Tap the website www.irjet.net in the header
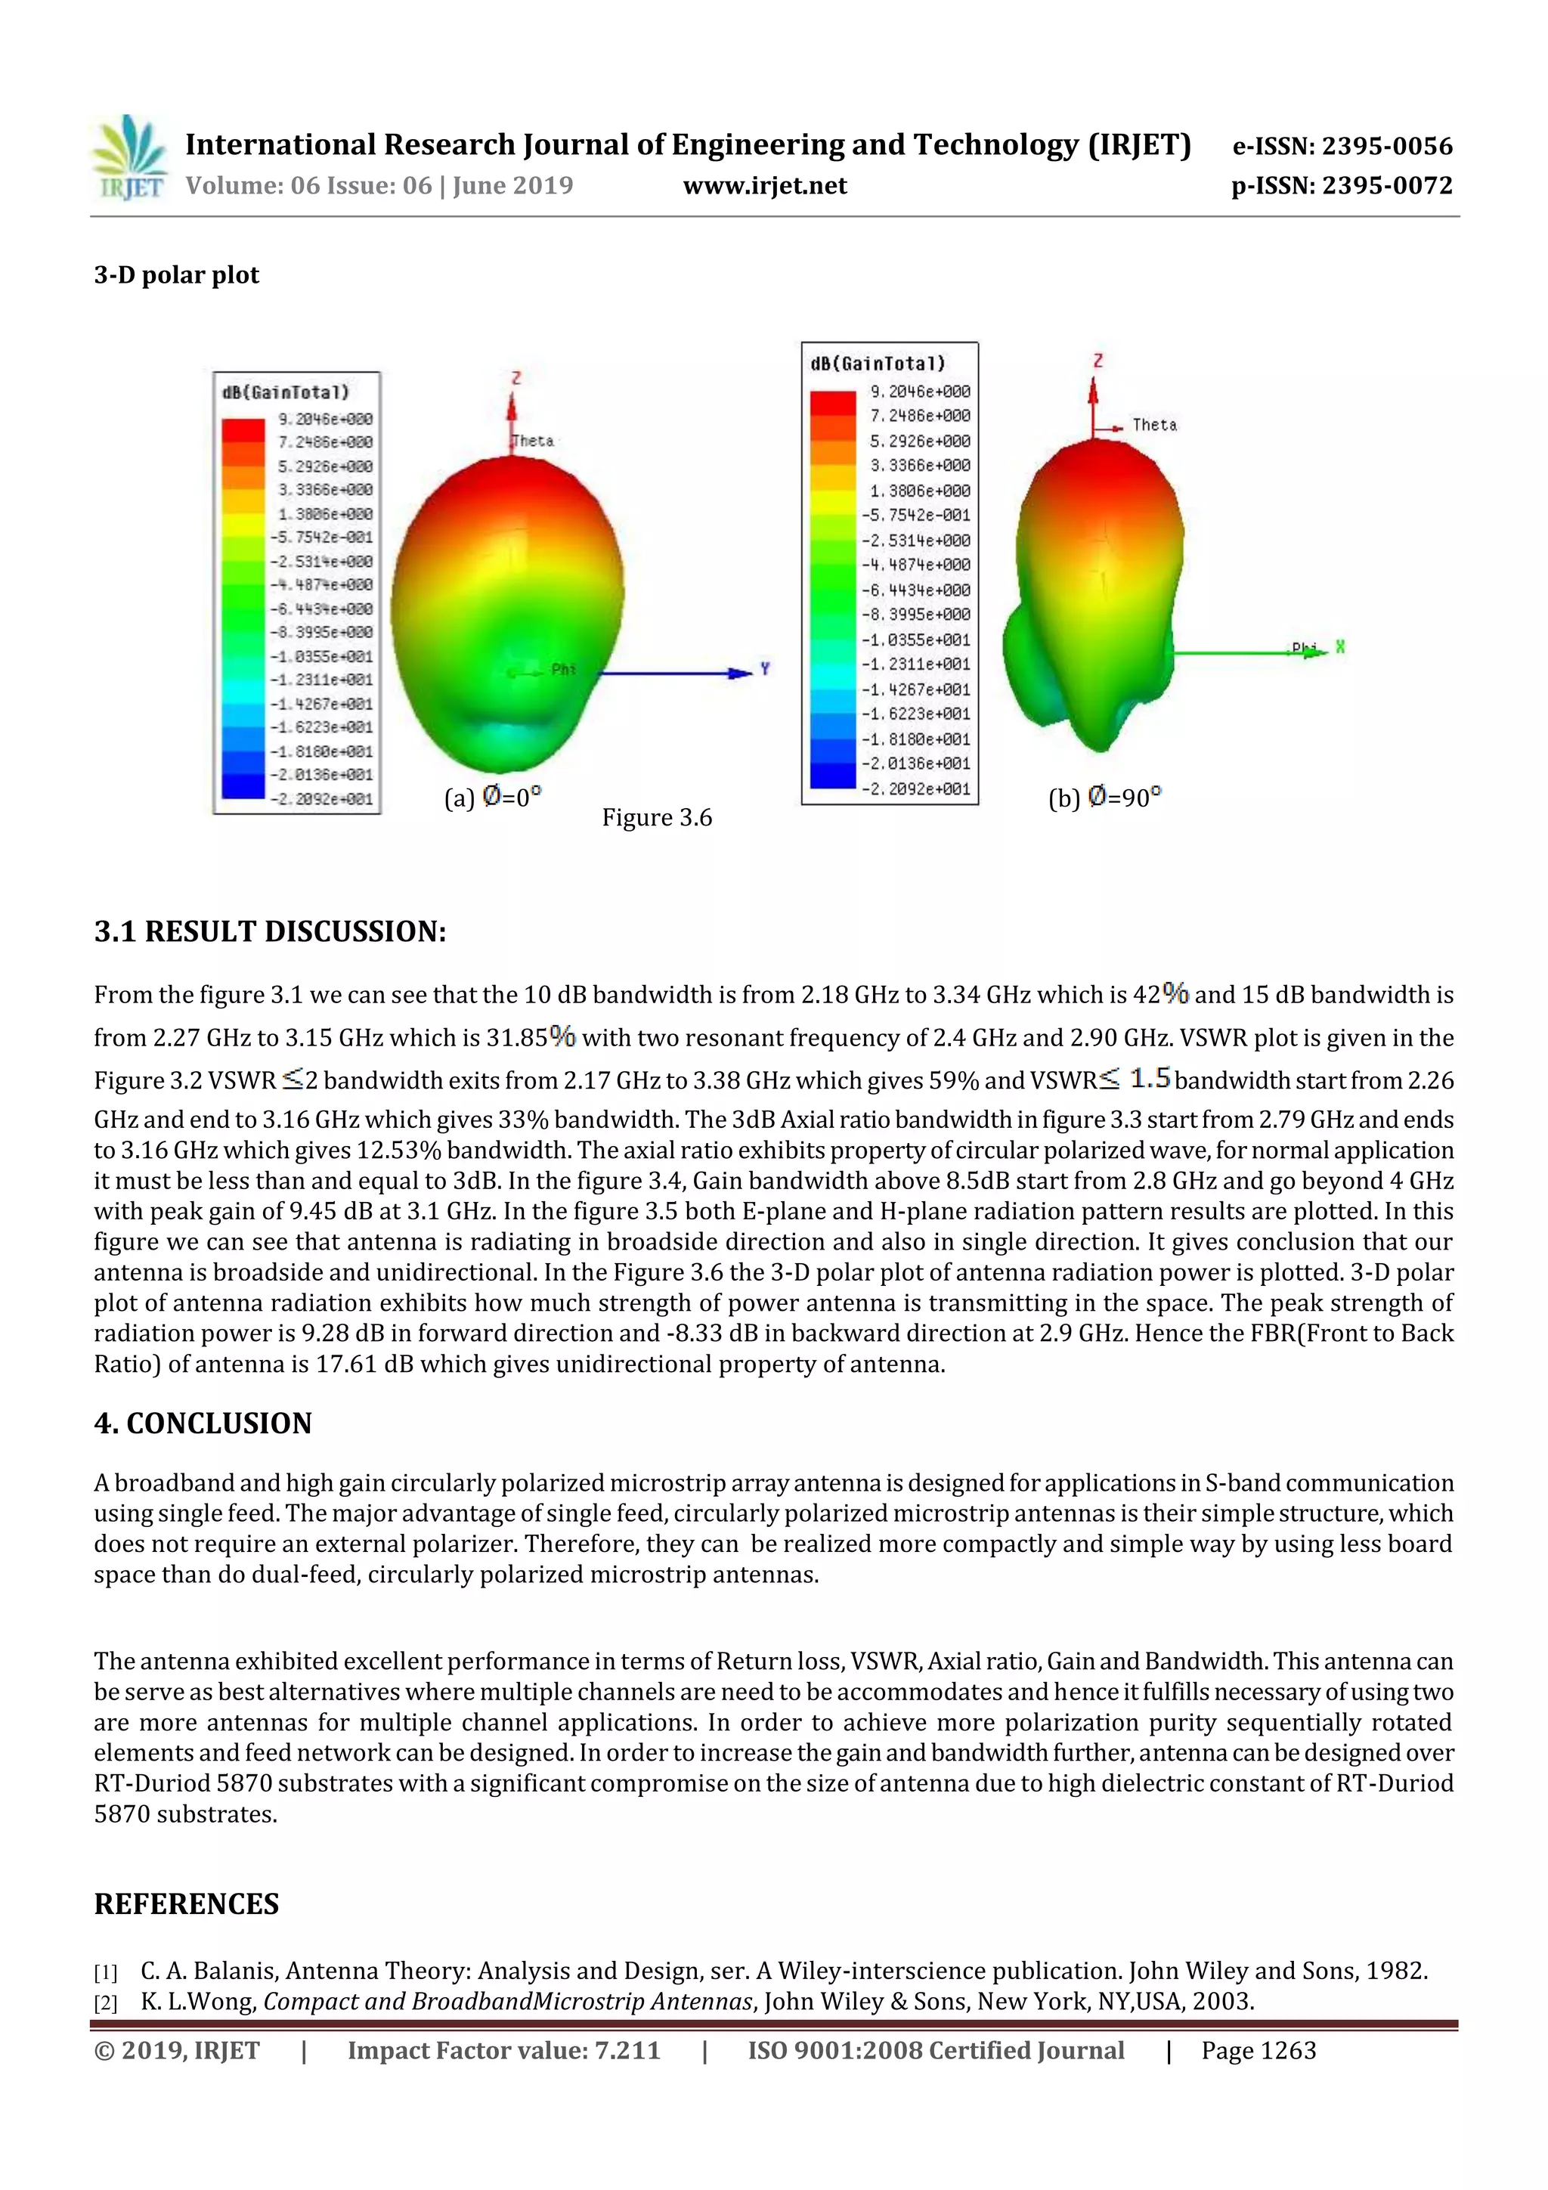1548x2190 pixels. click(x=765, y=186)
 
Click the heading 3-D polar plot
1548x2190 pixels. click(x=176, y=276)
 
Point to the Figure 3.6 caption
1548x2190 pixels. click(x=656, y=817)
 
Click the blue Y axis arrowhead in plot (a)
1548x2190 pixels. click(x=739, y=673)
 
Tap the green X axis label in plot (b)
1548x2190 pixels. click(x=1340, y=646)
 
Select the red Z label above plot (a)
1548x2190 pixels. click(x=516, y=378)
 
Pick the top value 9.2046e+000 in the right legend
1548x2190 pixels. click(x=919, y=391)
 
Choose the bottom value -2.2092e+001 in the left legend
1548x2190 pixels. click(x=320, y=799)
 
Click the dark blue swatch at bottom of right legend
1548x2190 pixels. click(x=833, y=776)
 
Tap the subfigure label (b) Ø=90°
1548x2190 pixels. click(x=1104, y=798)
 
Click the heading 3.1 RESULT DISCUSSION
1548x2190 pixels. click(x=270, y=932)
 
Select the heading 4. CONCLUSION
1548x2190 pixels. click(x=203, y=1423)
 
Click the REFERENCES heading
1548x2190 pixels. click(x=187, y=1903)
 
